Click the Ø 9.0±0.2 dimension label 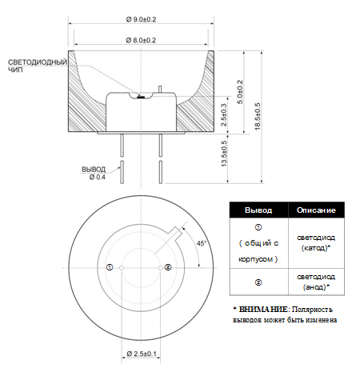tap(141, 19)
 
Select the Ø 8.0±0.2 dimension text tap(141, 40)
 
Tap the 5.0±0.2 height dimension tap(240, 92)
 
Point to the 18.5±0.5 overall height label tap(258, 117)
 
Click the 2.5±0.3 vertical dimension tap(224, 114)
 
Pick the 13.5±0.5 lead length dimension tap(224, 154)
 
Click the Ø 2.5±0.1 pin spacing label tap(142, 354)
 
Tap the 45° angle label tap(202, 243)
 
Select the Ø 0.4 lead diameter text tap(98, 177)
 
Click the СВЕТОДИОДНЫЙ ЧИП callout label tap(38, 66)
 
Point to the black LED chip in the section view tap(141, 98)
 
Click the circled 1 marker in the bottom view tap(110, 267)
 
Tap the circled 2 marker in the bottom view tap(168, 267)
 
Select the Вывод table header tap(258, 210)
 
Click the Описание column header tap(316, 210)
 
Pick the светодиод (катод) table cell tap(316, 242)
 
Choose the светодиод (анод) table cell tap(316, 282)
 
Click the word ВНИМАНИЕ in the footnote tap(263, 310)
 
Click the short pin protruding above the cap tap(160, 89)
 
